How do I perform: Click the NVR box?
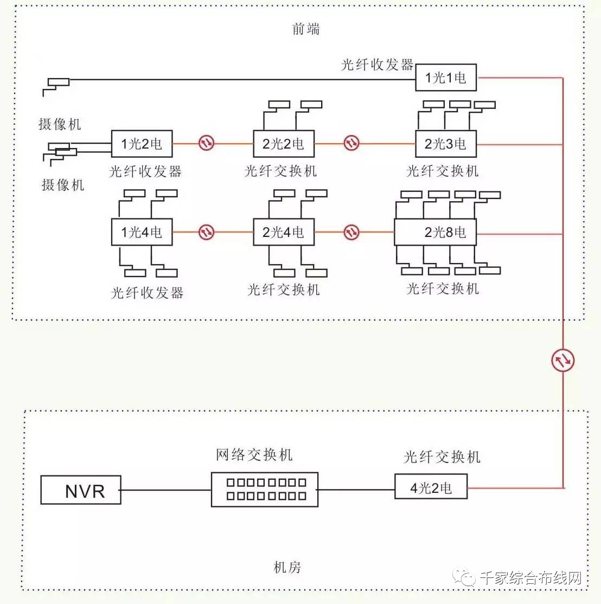[81, 490]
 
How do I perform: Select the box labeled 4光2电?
[431, 486]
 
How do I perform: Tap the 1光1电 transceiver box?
[446, 78]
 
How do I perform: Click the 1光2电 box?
[142, 144]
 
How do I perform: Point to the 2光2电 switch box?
[284, 144]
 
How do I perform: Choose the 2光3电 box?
[446, 144]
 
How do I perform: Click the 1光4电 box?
[142, 232]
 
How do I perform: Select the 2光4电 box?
[284, 232]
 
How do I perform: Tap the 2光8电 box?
[436, 232]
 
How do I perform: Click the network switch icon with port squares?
[265, 490]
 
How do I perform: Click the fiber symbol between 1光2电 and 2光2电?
[207, 143]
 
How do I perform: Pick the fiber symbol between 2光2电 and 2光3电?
[351, 143]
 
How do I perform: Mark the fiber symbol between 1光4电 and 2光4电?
[207, 232]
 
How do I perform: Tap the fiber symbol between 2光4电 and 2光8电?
[351, 232]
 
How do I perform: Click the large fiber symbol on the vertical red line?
[563, 361]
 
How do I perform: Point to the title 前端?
[306, 29]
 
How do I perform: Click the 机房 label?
[287, 567]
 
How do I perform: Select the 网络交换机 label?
[254, 455]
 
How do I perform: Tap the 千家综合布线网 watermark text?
[530, 578]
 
